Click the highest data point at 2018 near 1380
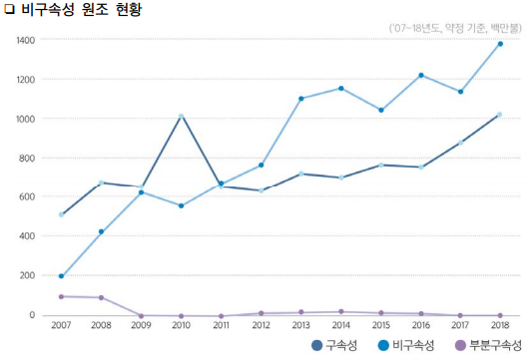click(x=499, y=44)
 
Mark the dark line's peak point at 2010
click(x=181, y=116)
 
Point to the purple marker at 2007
click(x=62, y=296)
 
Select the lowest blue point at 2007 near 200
click(x=62, y=276)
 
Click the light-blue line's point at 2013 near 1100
click(x=300, y=99)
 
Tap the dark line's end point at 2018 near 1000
click(x=499, y=115)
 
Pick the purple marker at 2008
click(x=101, y=297)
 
